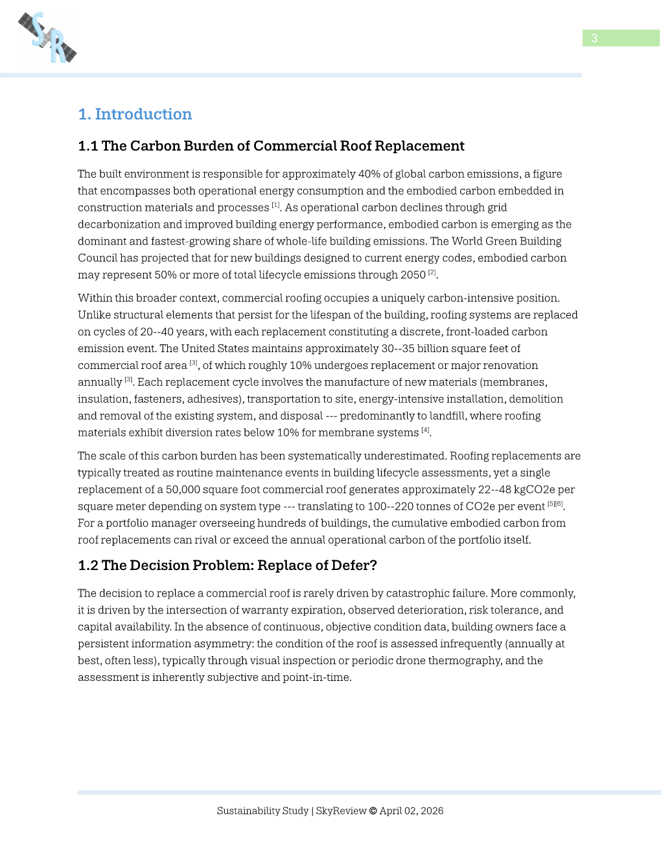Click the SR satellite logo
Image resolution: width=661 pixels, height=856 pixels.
[x=47, y=38]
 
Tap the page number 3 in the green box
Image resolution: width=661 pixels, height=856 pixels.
[x=594, y=38]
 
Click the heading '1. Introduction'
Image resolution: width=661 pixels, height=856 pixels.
[x=135, y=114]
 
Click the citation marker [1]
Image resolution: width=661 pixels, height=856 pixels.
[x=275, y=205]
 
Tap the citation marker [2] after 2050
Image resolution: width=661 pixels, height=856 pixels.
[x=432, y=272]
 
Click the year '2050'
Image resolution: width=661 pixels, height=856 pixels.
[x=413, y=275]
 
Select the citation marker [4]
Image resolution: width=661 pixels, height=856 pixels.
[x=425, y=430]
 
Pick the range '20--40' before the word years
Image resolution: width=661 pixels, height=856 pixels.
[x=156, y=332]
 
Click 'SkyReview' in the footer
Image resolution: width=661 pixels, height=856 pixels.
[x=341, y=811]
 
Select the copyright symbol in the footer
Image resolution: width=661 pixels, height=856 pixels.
[x=373, y=811]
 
